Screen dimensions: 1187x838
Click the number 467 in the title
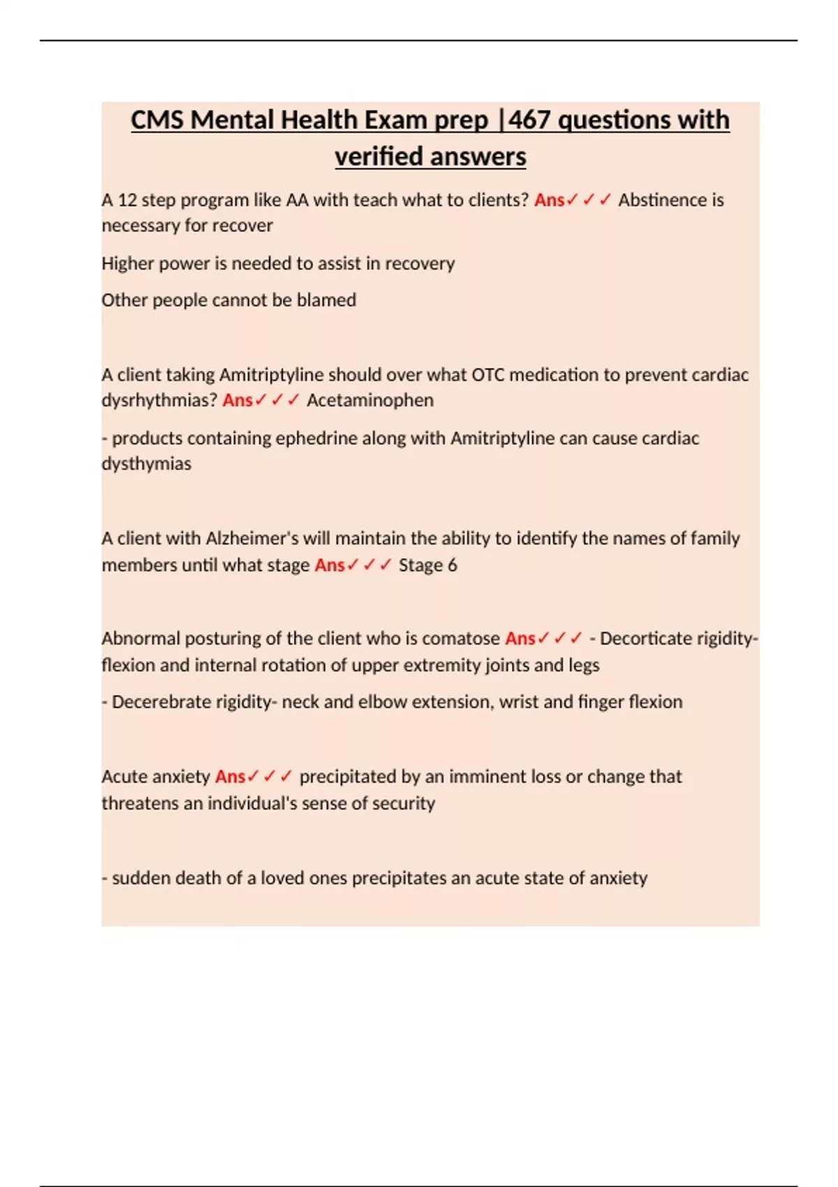530,120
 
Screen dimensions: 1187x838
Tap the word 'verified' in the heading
379,156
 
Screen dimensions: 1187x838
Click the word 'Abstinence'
662,200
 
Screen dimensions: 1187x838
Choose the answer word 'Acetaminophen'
370,401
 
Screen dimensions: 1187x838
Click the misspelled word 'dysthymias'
146,464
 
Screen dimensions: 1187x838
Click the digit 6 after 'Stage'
453,566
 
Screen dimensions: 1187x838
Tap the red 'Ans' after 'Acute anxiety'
230,777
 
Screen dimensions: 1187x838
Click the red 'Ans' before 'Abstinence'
549,200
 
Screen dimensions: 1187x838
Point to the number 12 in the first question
126,200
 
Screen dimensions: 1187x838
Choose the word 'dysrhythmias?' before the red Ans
159,401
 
